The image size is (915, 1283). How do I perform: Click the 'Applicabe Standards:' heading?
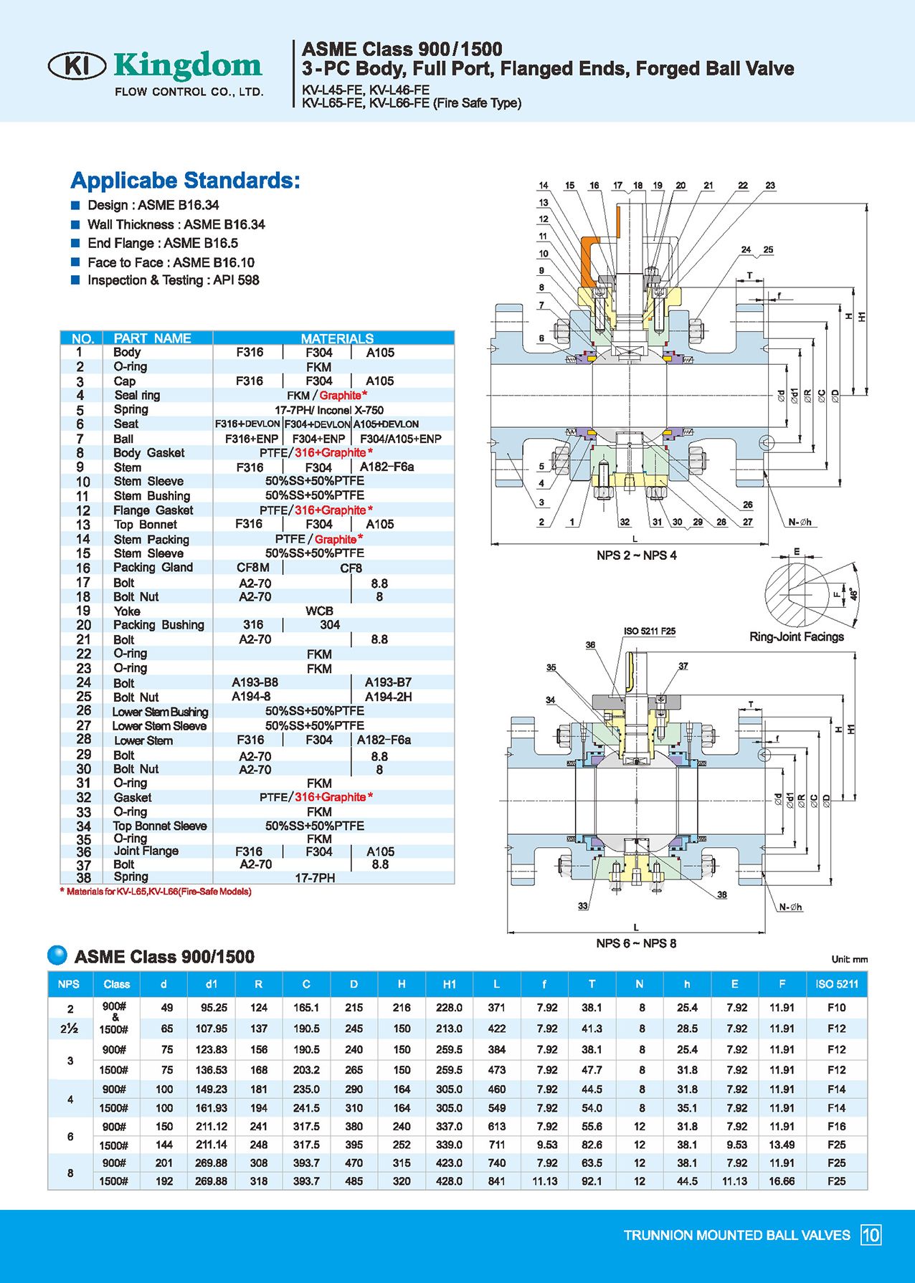(185, 181)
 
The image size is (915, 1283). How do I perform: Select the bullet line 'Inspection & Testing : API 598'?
(173, 280)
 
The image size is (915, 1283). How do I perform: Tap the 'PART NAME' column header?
(152, 338)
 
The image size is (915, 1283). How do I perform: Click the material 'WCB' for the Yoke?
(319, 611)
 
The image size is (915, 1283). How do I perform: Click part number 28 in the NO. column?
(84, 739)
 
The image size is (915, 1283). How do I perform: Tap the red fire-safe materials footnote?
(156, 892)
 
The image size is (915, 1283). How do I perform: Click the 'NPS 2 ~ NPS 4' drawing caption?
(636, 555)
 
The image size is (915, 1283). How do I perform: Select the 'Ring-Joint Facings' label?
(797, 636)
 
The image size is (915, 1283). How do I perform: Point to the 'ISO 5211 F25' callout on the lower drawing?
(649, 631)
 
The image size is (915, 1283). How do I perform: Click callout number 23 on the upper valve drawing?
(770, 186)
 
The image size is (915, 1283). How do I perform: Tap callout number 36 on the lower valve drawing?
(590, 645)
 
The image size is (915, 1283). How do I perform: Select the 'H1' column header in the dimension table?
(450, 984)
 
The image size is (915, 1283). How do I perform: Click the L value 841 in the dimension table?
(496, 1181)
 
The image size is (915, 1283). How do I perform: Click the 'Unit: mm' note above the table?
(849, 959)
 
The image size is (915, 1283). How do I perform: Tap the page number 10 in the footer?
(871, 1235)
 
